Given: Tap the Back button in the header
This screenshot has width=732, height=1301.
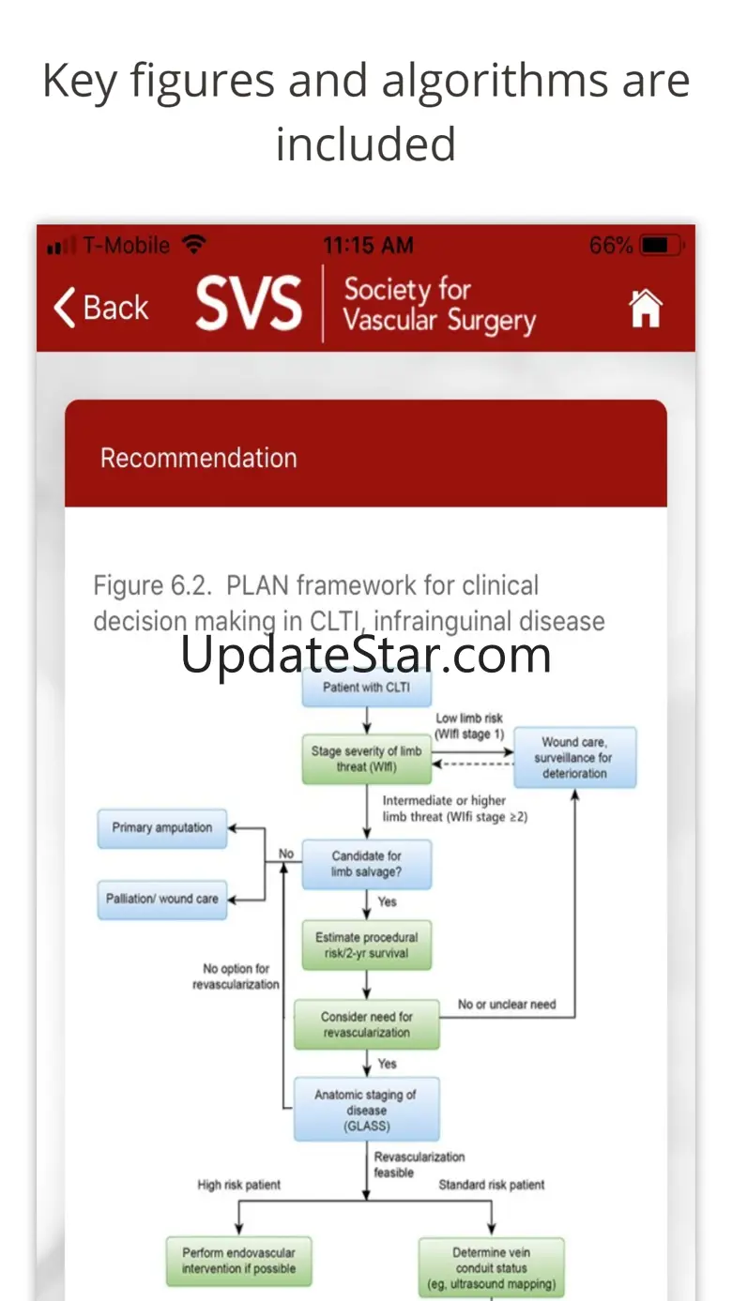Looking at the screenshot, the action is [x=101, y=308].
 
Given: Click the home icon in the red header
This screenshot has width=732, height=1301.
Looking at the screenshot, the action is [x=646, y=308].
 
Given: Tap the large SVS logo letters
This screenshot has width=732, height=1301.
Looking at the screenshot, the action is [x=249, y=303].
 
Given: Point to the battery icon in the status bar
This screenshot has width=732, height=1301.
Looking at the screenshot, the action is [x=662, y=246].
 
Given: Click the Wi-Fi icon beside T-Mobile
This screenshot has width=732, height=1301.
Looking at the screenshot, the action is [x=194, y=245].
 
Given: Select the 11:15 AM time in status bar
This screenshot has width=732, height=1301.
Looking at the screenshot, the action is [x=368, y=246].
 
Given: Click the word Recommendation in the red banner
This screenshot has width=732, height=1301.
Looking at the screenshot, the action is [x=199, y=458].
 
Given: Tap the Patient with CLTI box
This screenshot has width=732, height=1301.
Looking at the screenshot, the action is [x=367, y=688].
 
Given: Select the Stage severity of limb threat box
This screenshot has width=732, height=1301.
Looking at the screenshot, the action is [x=367, y=759].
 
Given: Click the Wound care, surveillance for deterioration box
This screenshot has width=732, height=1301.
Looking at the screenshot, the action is [x=574, y=757].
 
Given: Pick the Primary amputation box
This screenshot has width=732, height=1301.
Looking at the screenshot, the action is [x=162, y=828].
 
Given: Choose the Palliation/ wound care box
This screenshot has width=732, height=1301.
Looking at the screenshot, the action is [x=162, y=900].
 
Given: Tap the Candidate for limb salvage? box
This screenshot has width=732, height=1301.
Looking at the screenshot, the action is [x=367, y=864].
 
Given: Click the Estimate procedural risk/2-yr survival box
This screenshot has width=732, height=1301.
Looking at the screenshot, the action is [x=367, y=945].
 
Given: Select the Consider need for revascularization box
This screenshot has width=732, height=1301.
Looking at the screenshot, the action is [x=367, y=1024].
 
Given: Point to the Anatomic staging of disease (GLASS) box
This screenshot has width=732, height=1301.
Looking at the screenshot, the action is [x=367, y=1110].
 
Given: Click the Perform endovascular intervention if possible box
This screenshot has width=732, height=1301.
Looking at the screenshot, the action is [x=238, y=1261].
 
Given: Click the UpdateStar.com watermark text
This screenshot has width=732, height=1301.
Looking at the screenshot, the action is [x=365, y=655].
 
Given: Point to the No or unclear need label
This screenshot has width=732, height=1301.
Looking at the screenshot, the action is [x=507, y=1005].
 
